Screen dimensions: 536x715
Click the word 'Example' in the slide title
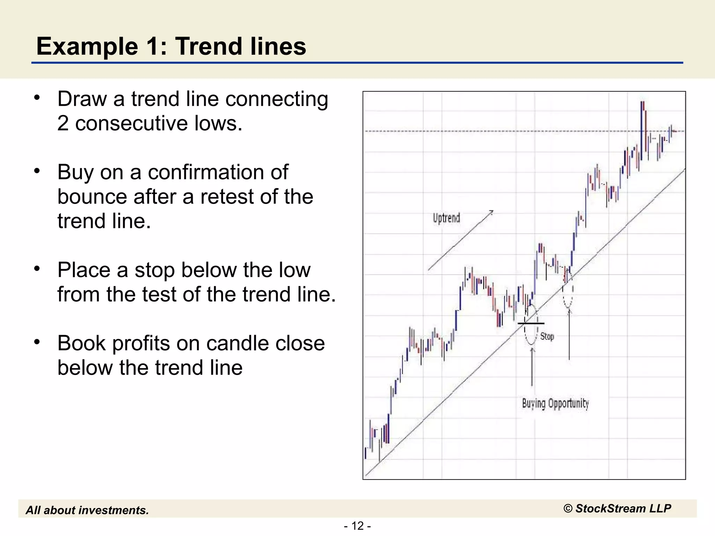(87, 46)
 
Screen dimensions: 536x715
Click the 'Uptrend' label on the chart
(446, 218)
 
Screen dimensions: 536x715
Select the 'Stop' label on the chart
(547, 336)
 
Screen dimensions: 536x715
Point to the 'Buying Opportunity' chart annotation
(555, 404)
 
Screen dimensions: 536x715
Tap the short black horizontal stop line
(531, 323)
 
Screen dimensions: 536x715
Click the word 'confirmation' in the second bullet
(218, 172)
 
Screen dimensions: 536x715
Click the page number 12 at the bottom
(357, 526)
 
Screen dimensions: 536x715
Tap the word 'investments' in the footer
(116, 511)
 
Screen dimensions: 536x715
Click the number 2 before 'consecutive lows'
(63, 124)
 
